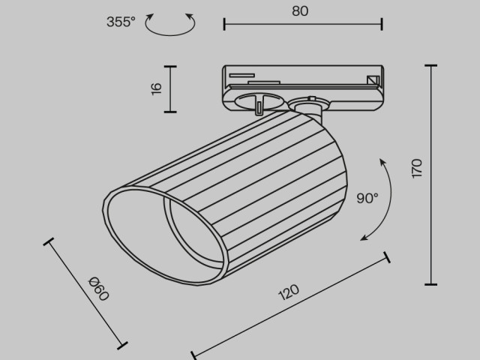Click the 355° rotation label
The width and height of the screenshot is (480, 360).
pos(121,22)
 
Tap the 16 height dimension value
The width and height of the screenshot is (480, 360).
pos(156,88)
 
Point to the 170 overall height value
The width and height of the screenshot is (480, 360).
pos(417,169)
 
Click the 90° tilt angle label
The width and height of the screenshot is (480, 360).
pos(367,199)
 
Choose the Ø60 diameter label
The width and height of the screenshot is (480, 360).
pos(99,289)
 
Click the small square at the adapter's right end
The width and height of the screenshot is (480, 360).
pos(372,80)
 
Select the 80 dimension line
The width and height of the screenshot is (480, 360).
pos(303,25)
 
